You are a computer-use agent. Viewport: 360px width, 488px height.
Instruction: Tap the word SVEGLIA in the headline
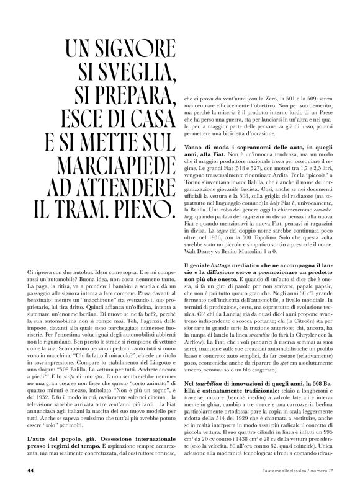click(x=124, y=74)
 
